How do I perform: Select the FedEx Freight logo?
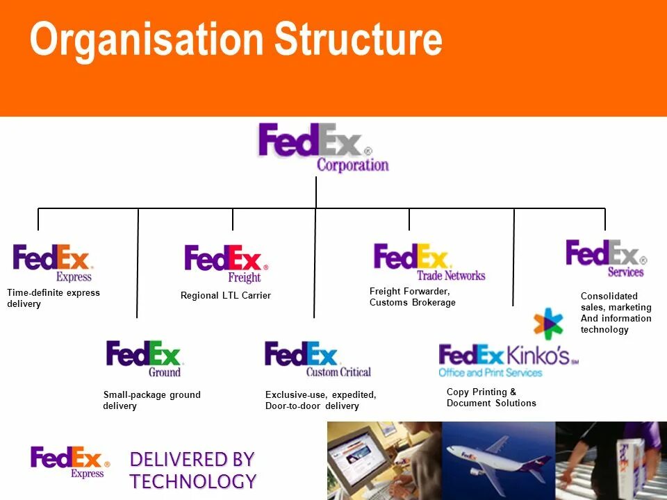click(x=225, y=262)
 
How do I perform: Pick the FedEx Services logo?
click(x=605, y=258)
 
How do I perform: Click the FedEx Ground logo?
click(x=143, y=358)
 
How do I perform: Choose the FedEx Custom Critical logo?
click(x=317, y=358)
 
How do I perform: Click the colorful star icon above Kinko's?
click(x=548, y=324)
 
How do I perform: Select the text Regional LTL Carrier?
click(x=225, y=296)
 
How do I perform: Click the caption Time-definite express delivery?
click(x=53, y=298)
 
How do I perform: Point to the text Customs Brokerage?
click(x=412, y=303)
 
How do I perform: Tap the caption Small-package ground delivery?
click(x=151, y=400)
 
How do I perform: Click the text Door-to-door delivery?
click(x=312, y=406)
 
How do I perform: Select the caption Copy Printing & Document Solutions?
click(x=491, y=397)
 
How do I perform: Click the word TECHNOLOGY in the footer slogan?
click(x=192, y=481)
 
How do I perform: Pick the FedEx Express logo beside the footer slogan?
click(x=69, y=462)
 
